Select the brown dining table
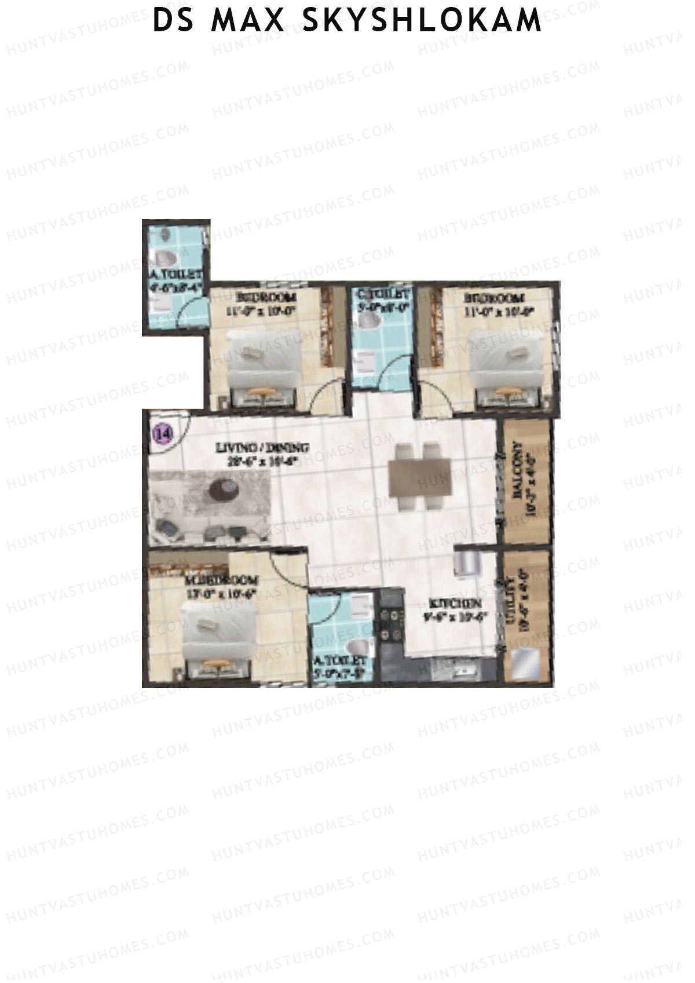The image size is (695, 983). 420,476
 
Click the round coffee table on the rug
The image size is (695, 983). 225,490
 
